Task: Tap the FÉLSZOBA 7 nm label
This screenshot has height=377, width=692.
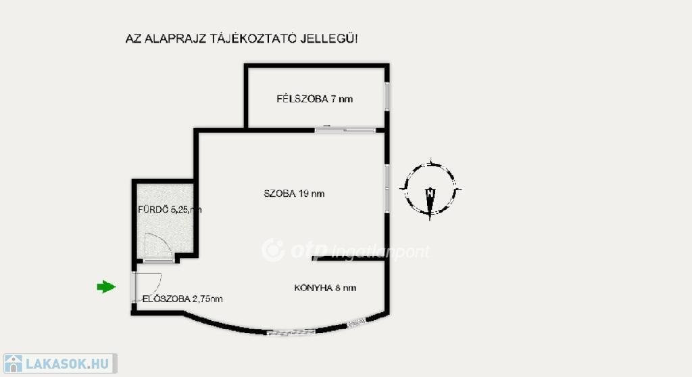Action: point(314,99)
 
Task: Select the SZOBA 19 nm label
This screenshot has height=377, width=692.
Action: point(294,194)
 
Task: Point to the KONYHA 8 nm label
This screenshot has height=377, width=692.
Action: point(325,288)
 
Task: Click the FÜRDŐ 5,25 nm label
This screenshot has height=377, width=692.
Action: point(169,210)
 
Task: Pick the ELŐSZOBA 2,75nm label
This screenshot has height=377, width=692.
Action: point(182,298)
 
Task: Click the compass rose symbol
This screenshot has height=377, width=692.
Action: point(430,189)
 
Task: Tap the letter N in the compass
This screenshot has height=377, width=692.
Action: point(430,192)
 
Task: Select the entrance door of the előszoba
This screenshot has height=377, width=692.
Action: point(134,288)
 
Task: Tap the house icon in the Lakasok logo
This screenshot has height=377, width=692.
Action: point(14,364)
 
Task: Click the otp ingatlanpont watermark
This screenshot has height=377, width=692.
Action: point(345,250)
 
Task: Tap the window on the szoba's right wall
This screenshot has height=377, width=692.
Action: point(387,186)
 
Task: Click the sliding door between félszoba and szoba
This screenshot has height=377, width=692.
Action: point(345,129)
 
